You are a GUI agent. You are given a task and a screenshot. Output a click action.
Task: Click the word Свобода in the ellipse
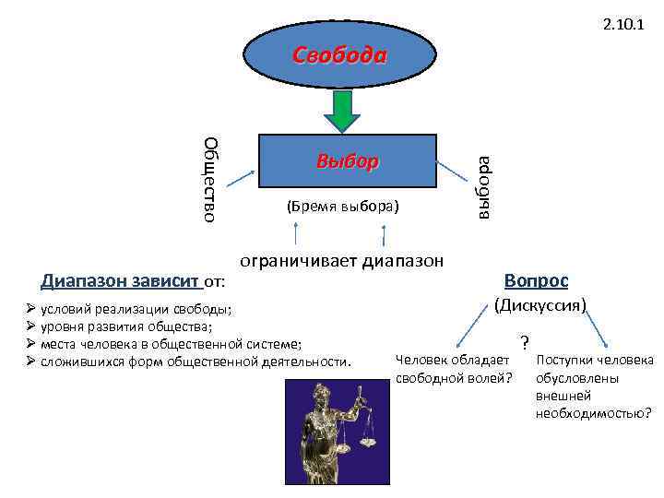tap(339, 54)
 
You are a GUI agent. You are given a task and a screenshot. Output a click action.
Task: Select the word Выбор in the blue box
tap(347, 161)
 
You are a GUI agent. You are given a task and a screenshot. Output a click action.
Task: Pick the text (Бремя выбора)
tap(343, 206)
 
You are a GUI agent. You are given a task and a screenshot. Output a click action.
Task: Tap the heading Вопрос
tap(536, 279)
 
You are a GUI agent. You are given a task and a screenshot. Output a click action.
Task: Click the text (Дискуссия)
tap(540, 302)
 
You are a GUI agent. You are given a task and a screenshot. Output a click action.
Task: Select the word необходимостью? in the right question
tap(593, 412)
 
